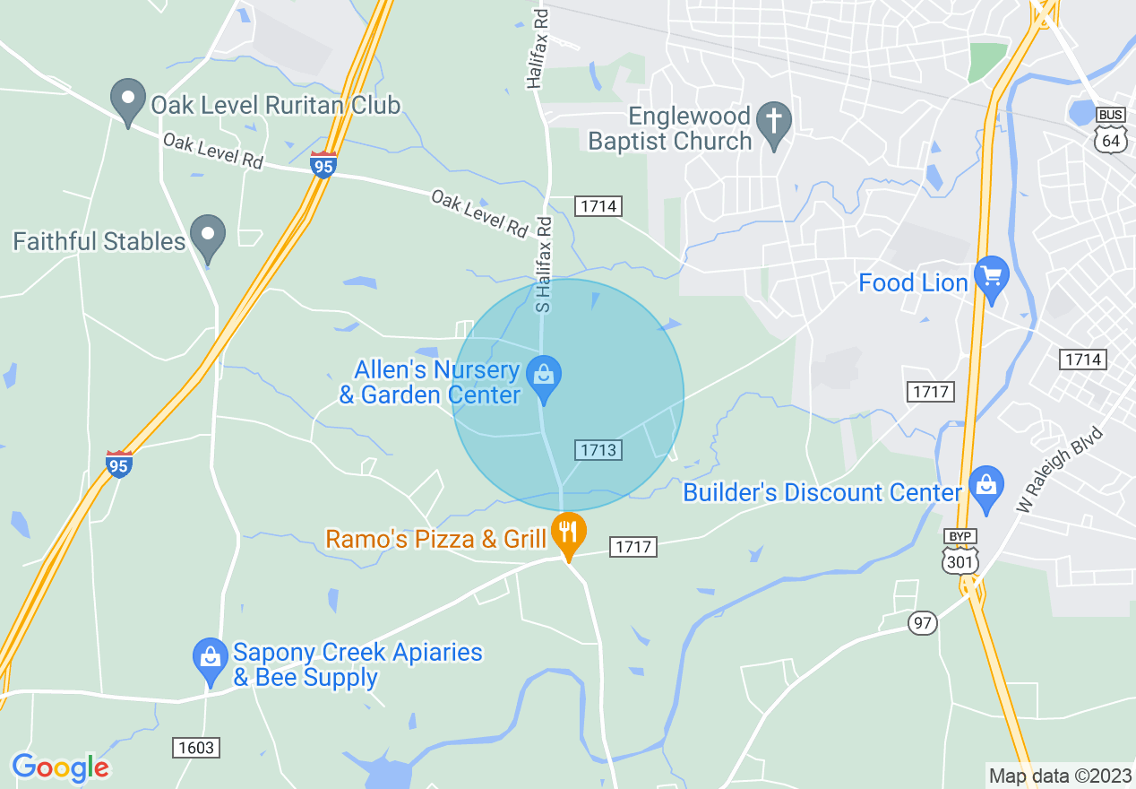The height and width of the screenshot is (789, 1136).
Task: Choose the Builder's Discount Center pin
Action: tap(985, 488)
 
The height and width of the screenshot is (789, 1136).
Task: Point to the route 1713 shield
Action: tap(598, 449)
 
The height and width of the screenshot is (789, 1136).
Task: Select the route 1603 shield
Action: tap(195, 747)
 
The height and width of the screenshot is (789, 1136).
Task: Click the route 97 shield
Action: tap(922, 622)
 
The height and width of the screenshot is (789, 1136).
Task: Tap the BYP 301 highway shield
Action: tap(960, 551)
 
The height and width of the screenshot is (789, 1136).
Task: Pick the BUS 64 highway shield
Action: tap(1110, 131)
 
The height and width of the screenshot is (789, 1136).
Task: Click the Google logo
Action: tap(60, 767)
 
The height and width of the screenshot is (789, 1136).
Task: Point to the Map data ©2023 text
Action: tap(1058, 776)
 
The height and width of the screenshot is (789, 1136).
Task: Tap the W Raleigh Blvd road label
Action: tap(1061, 469)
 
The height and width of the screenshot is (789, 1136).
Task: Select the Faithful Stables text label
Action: tap(99, 241)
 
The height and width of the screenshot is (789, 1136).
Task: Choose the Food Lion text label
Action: tap(913, 283)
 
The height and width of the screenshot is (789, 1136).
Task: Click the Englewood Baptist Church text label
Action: tap(670, 129)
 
